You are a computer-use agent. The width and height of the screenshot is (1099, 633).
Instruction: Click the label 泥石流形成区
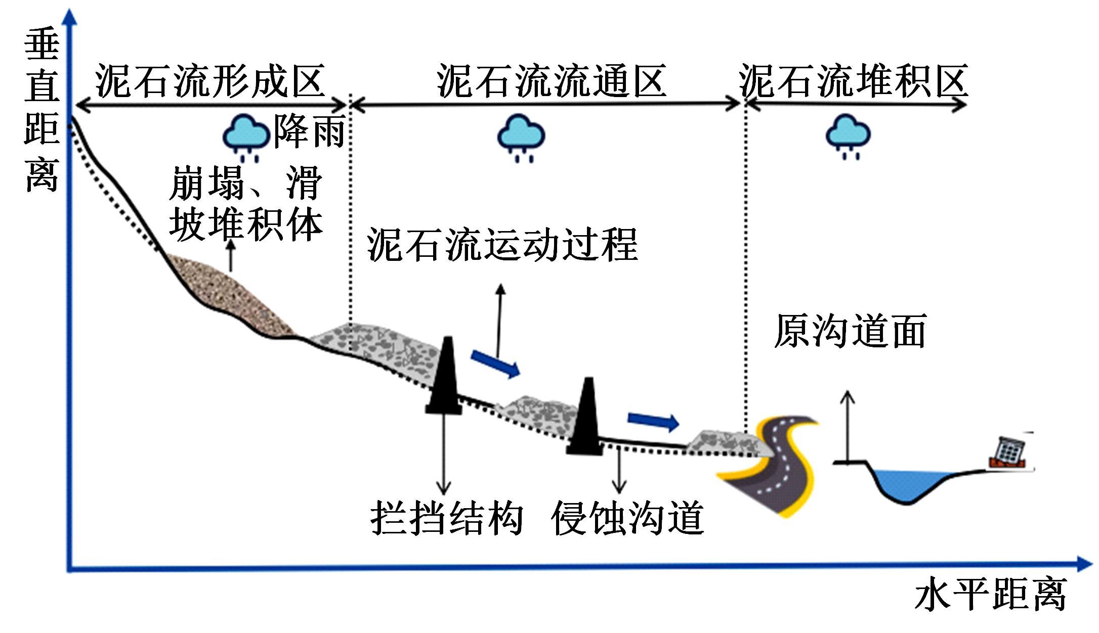[209, 81]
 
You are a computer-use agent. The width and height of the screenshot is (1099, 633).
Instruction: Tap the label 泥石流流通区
[551, 81]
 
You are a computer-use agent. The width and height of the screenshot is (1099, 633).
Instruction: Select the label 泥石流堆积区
[853, 81]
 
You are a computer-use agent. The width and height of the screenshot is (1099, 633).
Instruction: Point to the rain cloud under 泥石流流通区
[521, 135]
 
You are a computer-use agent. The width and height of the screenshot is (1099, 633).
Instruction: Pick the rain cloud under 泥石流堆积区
[848, 134]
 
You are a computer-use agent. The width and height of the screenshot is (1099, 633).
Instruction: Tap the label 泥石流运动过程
[502, 245]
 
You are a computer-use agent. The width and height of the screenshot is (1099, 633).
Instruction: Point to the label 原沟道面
[850, 331]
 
